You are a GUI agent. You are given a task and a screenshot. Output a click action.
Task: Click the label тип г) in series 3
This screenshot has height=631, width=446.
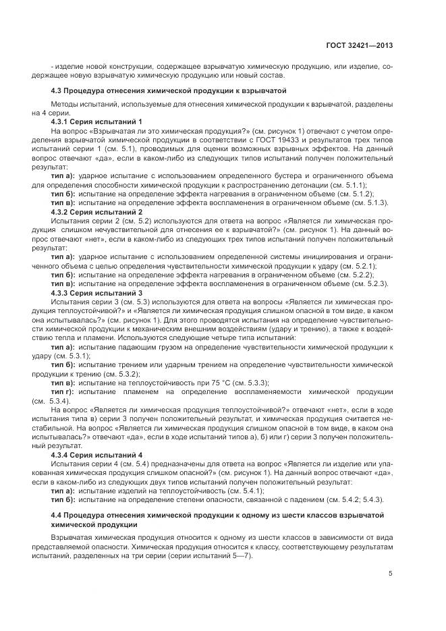pos(63,391)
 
